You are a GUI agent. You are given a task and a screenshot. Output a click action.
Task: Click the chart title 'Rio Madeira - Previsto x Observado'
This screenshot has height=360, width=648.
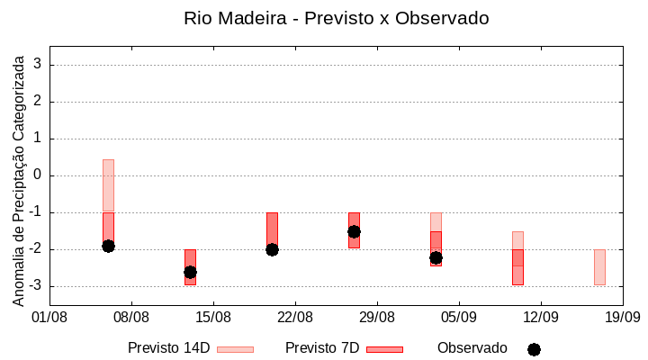336,18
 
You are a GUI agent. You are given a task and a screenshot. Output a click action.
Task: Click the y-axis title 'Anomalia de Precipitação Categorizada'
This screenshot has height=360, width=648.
18,179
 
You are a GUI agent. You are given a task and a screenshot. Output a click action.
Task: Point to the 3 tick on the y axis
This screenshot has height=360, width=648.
38,65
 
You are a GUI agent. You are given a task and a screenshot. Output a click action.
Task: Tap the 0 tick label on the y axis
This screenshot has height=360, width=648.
38,175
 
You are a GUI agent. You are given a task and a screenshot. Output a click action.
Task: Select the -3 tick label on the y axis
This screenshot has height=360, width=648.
34,286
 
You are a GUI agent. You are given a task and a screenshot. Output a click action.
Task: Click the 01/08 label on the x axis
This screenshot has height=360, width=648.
49,317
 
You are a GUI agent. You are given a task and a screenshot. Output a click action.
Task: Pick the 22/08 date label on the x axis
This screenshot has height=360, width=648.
294,317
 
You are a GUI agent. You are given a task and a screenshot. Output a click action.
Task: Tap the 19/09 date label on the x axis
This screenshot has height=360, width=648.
621,317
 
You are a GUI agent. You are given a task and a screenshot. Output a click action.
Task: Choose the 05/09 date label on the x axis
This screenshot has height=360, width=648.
458,317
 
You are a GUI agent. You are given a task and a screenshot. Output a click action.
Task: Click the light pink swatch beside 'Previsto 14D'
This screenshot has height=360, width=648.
235,348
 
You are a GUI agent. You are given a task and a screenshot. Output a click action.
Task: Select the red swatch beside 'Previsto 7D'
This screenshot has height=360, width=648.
384,348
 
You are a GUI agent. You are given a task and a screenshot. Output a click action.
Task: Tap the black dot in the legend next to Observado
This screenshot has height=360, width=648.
534,349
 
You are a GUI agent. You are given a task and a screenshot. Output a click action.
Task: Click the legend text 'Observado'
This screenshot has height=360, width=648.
472,347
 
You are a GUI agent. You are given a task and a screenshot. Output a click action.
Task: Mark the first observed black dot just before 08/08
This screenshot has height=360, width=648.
108,246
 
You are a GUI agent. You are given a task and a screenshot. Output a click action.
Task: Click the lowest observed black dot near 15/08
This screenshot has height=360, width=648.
190,272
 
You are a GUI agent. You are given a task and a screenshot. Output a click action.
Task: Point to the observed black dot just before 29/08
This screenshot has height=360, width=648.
354,231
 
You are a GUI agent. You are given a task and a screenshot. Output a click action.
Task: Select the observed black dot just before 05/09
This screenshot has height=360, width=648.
436,257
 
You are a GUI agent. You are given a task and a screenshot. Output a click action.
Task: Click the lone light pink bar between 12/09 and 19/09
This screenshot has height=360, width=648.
599,267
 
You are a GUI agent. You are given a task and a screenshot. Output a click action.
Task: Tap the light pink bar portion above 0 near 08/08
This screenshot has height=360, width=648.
108,167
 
